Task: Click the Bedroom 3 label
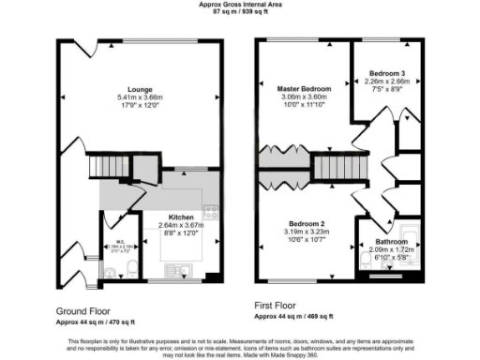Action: [x=386, y=72]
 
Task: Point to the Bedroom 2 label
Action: [x=306, y=223]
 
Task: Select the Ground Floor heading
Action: [x=85, y=309]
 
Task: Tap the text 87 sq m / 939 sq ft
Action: [x=240, y=11]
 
